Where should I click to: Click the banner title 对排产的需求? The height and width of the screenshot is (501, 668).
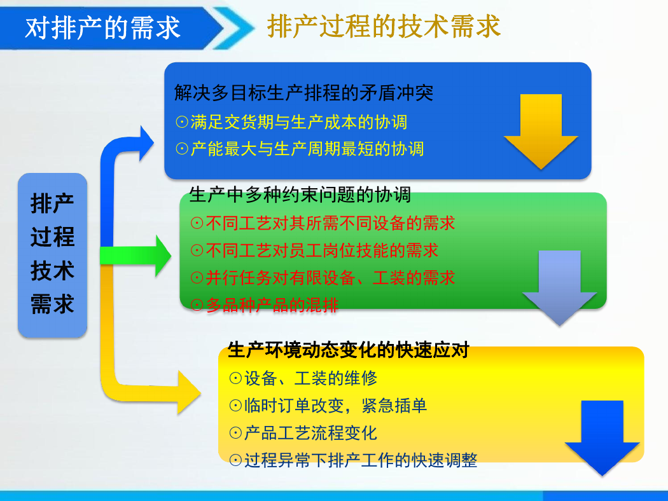[102, 28]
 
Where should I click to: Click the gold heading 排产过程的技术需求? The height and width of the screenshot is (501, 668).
[384, 26]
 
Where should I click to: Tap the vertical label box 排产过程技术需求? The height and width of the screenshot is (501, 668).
[52, 255]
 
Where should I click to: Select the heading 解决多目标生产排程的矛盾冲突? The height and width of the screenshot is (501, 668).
[303, 93]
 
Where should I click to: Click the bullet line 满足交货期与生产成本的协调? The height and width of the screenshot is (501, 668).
[291, 122]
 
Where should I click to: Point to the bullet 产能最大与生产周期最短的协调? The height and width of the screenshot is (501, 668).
[300, 149]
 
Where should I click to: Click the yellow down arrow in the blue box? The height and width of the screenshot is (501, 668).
[541, 132]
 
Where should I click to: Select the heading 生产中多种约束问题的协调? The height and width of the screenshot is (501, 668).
[300, 195]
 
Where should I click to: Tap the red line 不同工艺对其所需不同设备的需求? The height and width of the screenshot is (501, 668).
[323, 223]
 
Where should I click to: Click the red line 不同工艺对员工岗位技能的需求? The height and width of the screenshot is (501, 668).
[314, 251]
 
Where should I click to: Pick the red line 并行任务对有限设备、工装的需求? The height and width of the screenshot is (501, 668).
[323, 278]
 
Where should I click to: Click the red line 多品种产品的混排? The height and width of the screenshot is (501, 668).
[265, 305]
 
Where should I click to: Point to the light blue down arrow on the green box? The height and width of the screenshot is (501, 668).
[559, 288]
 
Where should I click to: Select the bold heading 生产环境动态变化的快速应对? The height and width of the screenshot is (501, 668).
[348, 350]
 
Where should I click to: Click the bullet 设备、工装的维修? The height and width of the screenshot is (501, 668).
[303, 378]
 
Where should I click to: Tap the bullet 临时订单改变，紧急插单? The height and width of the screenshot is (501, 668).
[328, 405]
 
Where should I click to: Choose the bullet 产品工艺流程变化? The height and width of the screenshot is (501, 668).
[303, 433]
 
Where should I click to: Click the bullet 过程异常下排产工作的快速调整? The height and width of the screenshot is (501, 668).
[353, 460]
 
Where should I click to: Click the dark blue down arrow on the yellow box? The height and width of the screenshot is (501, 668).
[602, 438]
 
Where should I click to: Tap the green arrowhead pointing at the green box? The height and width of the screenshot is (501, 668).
[163, 256]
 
